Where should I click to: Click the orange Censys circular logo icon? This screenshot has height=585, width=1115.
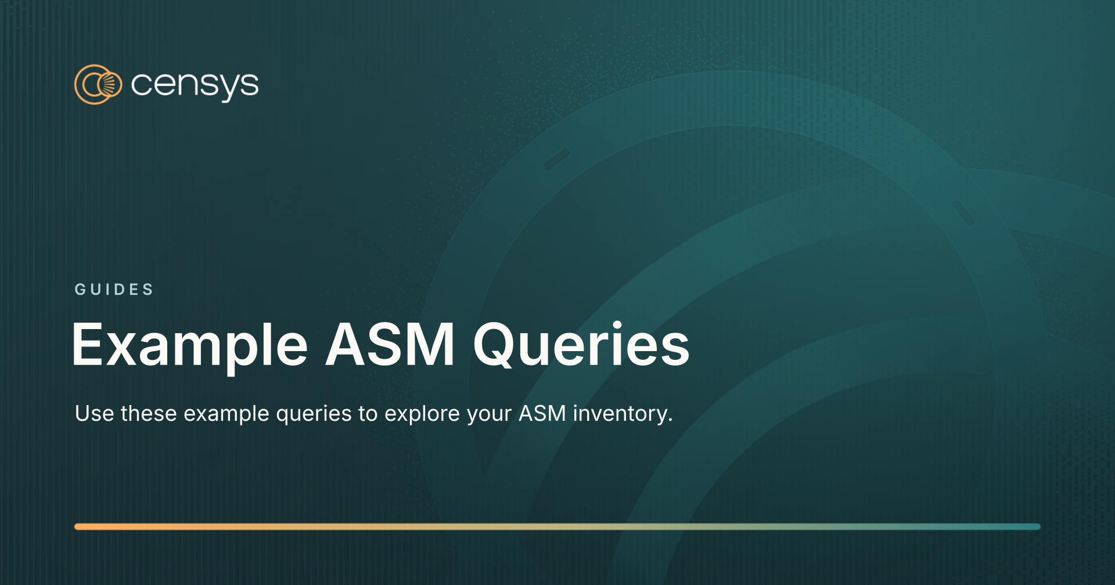tap(98, 85)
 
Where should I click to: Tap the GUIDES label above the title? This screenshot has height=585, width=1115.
tap(114, 289)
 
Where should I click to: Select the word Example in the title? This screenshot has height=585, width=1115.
tap(189, 346)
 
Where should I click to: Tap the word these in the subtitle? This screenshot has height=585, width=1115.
tap(149, 413)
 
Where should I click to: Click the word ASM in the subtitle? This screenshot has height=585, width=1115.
tap(542, 413)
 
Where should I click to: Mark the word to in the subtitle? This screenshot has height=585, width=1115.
tap(368, 413)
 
